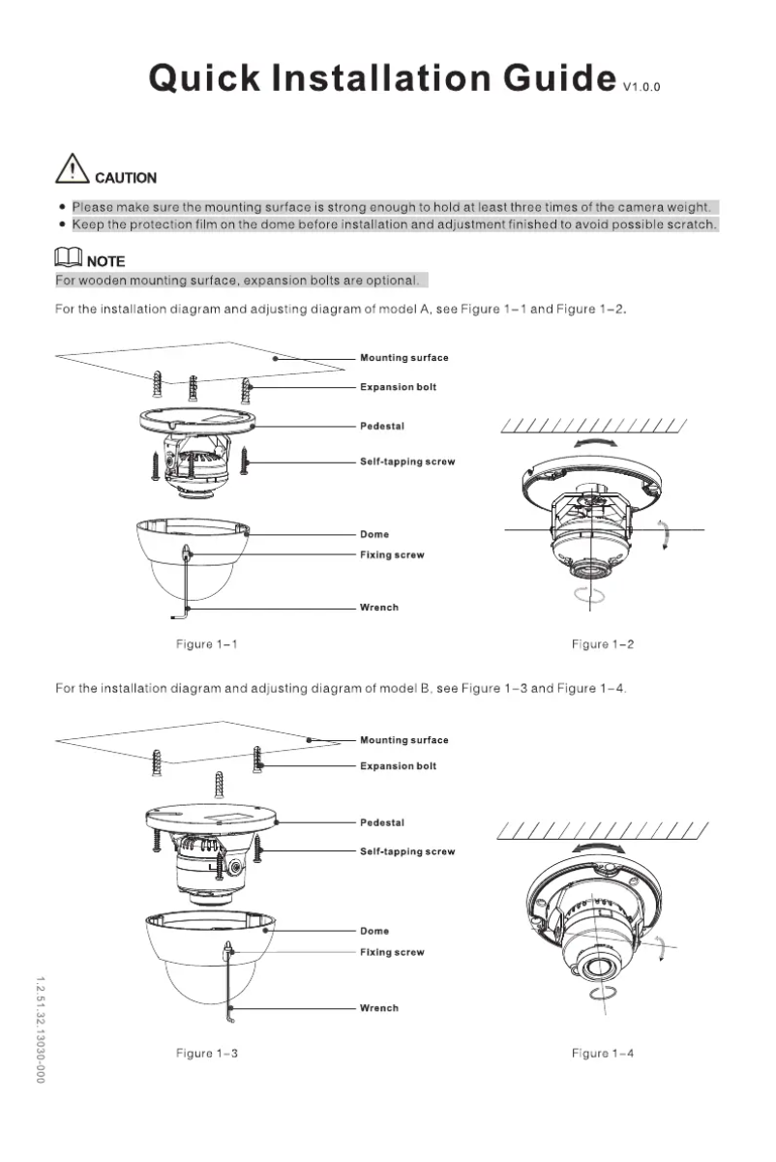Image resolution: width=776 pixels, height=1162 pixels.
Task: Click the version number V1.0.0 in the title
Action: click(642, 87)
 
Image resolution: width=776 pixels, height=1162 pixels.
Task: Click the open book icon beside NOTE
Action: click(69, 259)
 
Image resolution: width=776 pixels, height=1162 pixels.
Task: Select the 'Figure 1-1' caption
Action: click(206, 644)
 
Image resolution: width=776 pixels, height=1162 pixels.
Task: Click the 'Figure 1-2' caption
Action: click(602, 644)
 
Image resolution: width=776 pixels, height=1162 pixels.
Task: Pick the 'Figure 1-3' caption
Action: click(206, 1053)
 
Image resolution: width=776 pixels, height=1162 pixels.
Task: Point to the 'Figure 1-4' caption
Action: click(602, 1053)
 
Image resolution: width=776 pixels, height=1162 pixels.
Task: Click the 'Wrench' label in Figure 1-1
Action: click(378, 608)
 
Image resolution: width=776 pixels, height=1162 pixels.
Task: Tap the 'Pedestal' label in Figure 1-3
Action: click(382, 822)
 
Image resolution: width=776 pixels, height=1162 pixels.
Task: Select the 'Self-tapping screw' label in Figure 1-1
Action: click(407, 462)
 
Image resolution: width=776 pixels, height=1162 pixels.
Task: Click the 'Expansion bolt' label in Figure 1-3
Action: click(398, 765)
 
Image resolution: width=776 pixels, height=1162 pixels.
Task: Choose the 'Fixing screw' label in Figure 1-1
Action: click(392, 555)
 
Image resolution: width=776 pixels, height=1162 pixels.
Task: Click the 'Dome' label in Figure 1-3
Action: click(374, 931)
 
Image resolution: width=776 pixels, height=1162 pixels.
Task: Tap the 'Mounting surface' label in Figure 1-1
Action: click(403, 358)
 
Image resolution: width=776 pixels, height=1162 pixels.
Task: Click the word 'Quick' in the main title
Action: click(204, 77)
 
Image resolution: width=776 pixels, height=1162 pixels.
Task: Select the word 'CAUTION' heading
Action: click(125, 178)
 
